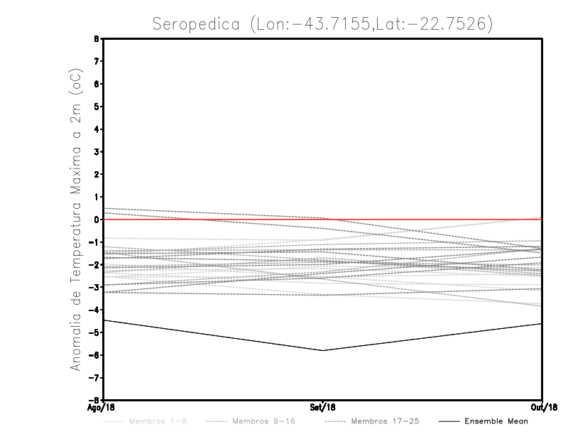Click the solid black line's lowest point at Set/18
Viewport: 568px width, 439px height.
323,350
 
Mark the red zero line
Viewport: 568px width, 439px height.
426,220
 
